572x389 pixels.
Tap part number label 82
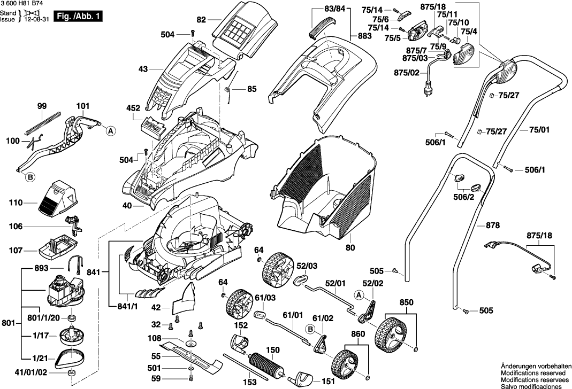201,20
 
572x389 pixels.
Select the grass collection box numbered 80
321,187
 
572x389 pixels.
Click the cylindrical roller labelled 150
267,363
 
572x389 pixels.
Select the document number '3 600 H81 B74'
22,3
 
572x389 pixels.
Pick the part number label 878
492,225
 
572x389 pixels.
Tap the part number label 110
15,203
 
